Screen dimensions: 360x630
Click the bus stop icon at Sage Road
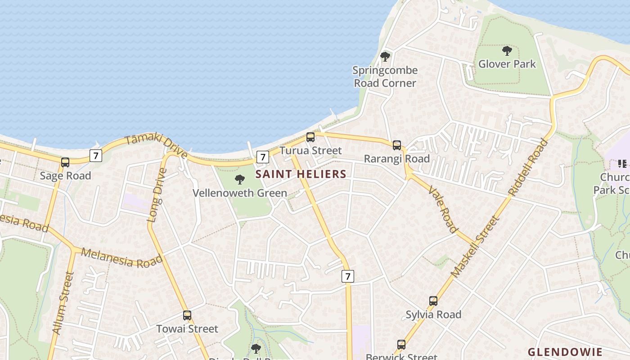click(x=65, y=162)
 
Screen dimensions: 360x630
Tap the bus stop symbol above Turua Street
click(x=310, y=137)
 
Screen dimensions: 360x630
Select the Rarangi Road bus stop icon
click(x=396, y=145)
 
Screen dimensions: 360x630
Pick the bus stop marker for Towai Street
click(x=187, y=315)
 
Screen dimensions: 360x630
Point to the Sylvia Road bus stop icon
click(x=433, y=301)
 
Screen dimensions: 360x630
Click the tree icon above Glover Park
click(x=507, y=50)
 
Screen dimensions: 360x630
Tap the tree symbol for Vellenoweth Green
click(x=240, y=180)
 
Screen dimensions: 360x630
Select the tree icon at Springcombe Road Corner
click(x=385, y=57)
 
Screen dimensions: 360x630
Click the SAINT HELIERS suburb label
click(x=301, y=174)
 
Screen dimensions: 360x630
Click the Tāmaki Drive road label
click(x=156, y=146)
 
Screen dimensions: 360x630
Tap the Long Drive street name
click(x=157, y=195)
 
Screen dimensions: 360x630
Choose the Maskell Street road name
click(x=475, y=247)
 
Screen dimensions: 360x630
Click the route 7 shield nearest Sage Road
click(x=95, y=156)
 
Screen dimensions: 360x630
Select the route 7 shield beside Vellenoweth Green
click(x=262, y=157)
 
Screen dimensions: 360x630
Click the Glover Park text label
click(x=507, y=64)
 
